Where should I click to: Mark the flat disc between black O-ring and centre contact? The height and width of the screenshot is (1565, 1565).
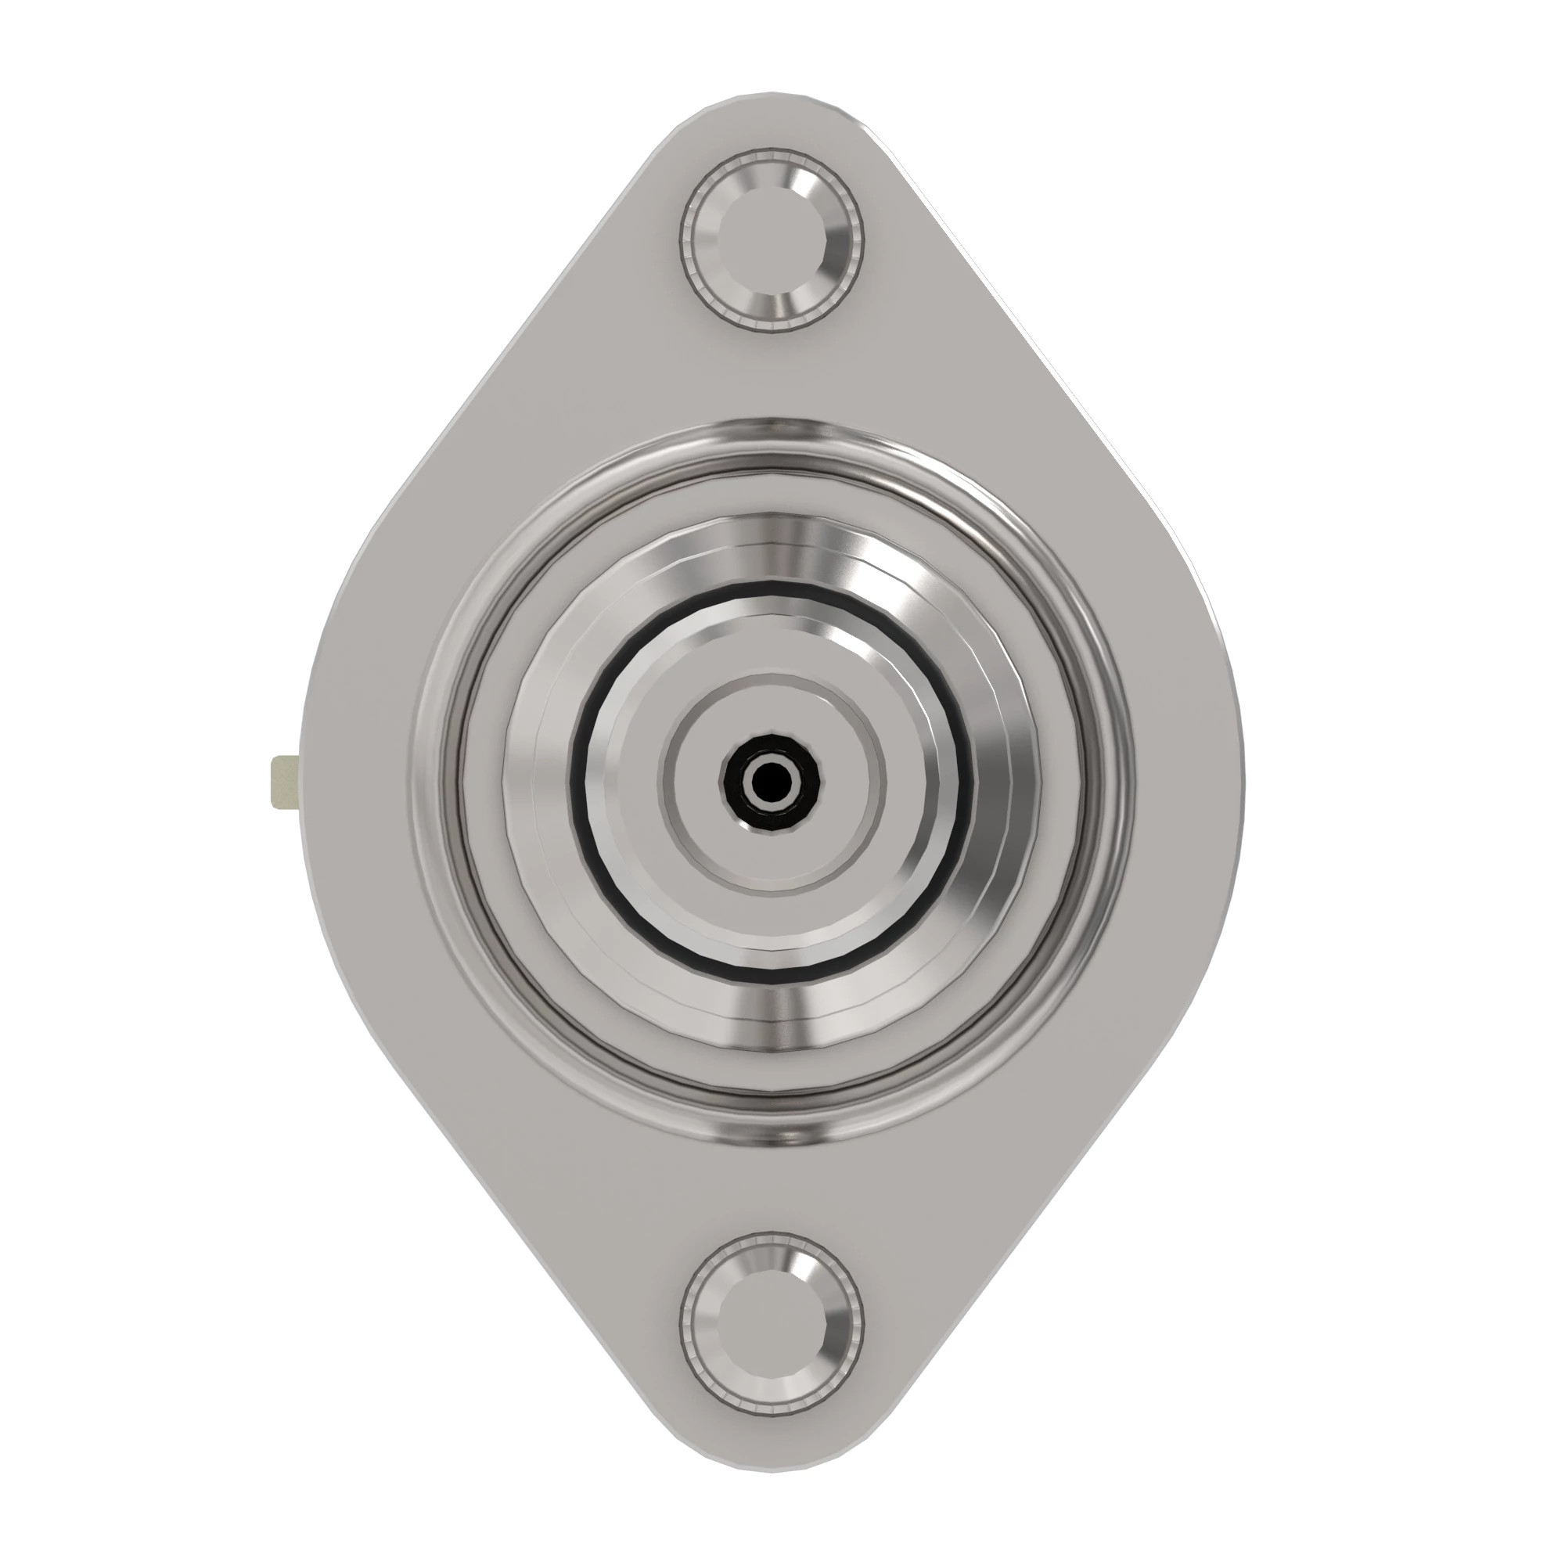point(631,782)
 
